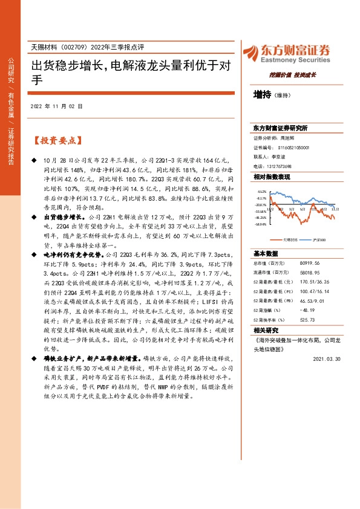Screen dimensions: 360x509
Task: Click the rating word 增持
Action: (x=263, y=95)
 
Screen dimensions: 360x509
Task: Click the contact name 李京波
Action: (x=284, y=157)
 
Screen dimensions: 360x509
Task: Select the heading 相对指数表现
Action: (x=272, y=177)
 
